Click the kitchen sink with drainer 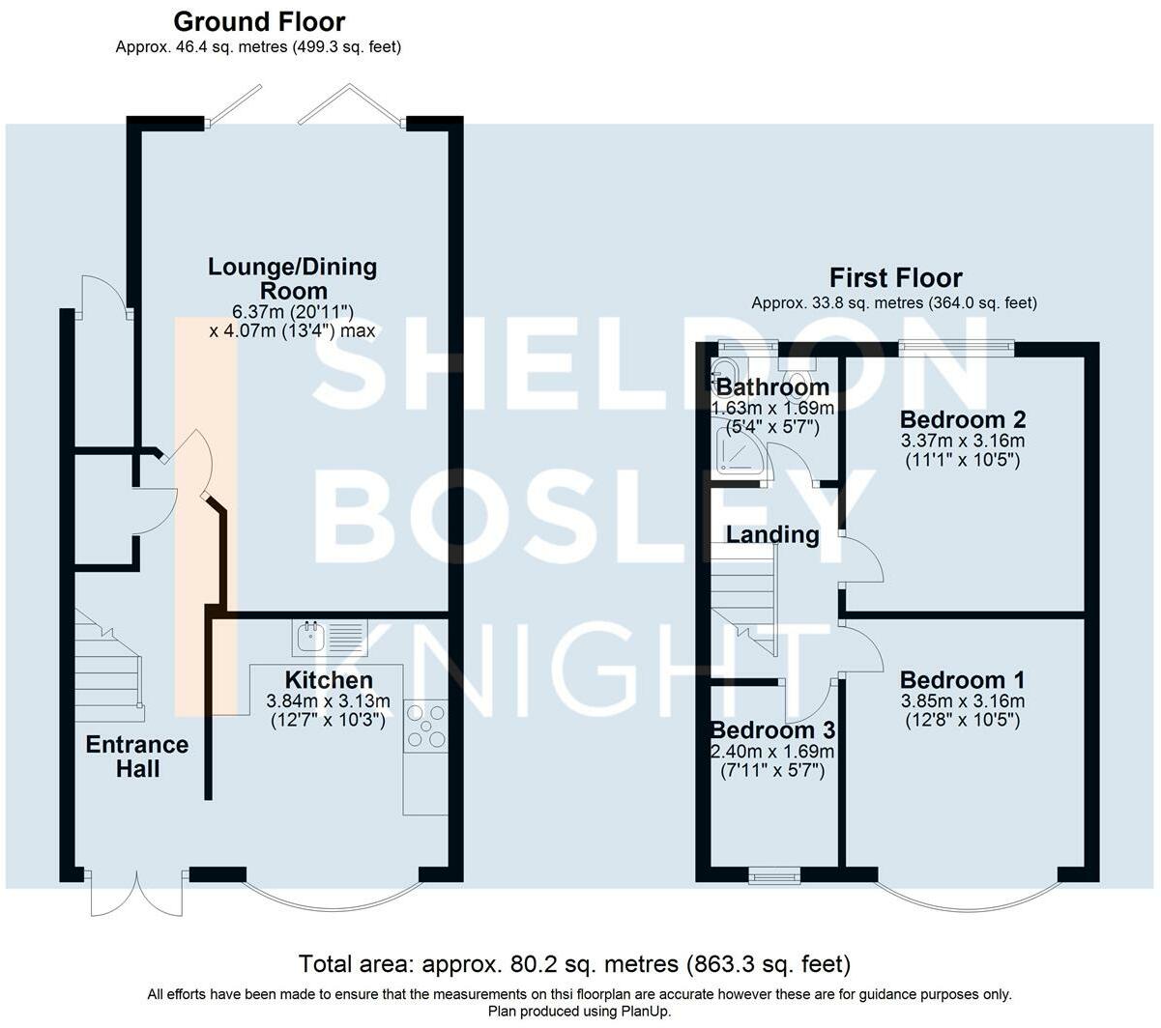(x=330, y=638)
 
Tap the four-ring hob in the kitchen (x=424, y=727)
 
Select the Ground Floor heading (x=259, y=22)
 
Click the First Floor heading (x=895, y=278)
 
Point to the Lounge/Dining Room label (x=292, y=278)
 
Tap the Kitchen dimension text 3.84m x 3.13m (x=329, y=701)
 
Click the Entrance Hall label (x=137, y=757)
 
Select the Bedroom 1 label (x=962, y=680)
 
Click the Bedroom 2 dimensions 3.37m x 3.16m (x=963, y=441)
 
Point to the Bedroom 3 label (x=772, y=730)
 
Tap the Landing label (x=772, y=534)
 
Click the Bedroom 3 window (x=774, y=875)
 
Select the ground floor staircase (x=109, y=666)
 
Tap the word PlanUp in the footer (x=645, y=1012)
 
